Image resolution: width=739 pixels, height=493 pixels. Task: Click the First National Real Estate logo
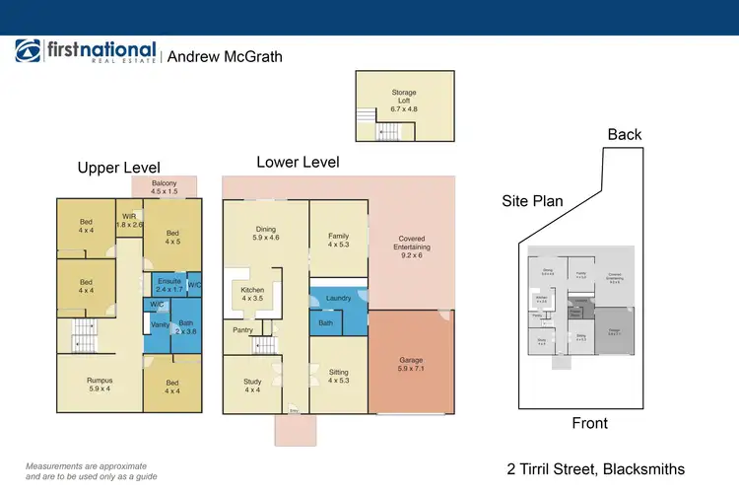point(86,53)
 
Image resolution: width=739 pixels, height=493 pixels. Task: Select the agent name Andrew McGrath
point(225,56)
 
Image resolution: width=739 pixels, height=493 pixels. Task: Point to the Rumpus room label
point(99,385)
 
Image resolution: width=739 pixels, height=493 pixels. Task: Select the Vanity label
point(162,324)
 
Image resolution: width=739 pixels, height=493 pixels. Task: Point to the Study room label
point(253,385)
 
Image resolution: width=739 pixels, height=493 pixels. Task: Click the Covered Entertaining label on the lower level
point(411,244)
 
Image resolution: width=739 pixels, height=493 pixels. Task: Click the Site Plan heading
point(532,201)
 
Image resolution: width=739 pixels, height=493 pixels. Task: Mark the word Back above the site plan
point(625,135)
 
